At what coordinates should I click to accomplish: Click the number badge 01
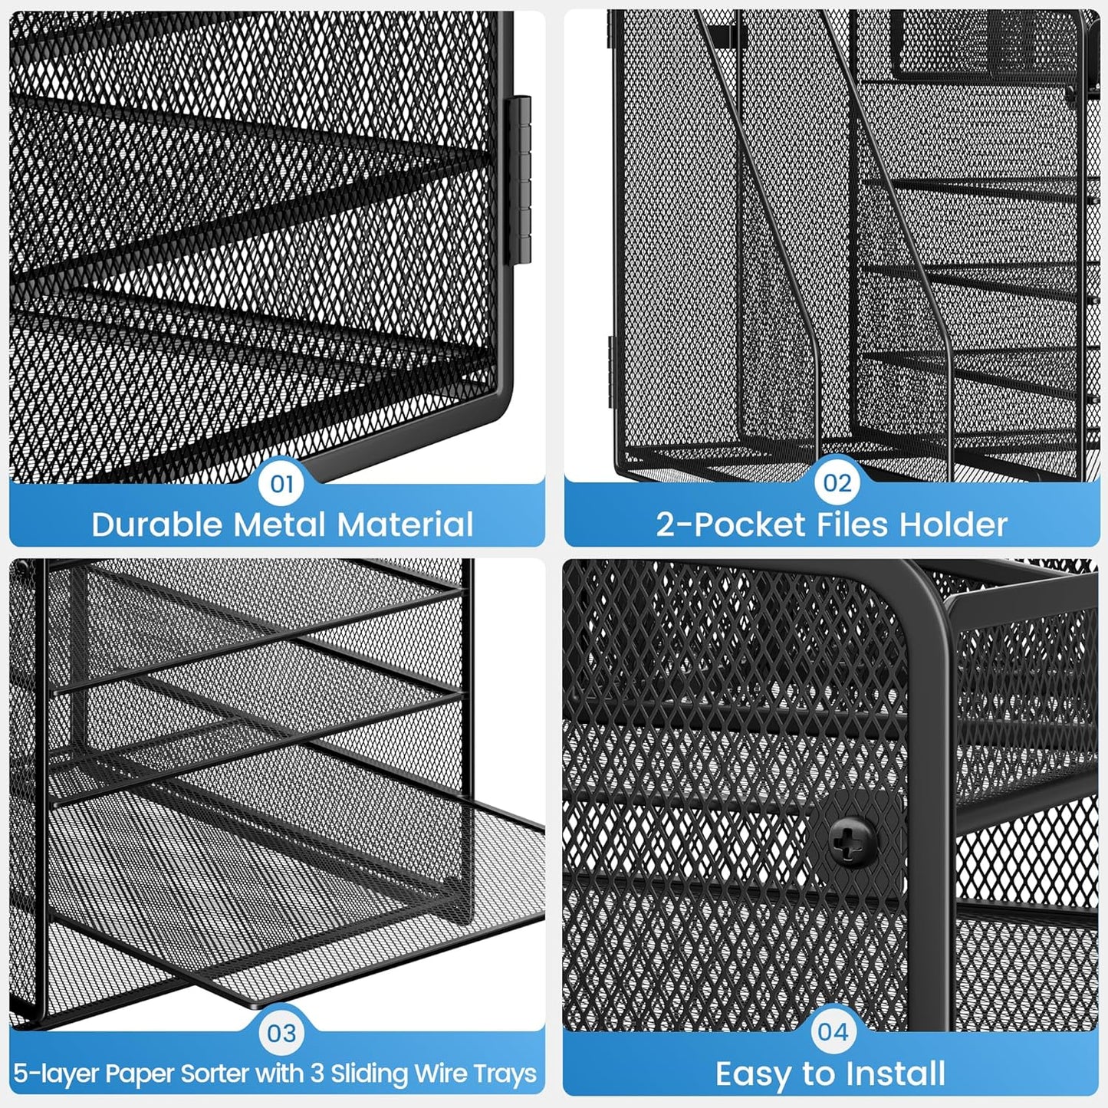(x=281, y=484)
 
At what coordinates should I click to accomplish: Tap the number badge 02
(x=837, y=483)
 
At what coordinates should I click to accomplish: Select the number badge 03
(x=281, y=1033)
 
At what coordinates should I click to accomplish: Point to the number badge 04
(x=833, y=1031)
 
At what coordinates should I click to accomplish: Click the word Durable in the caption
(x=157, y=525)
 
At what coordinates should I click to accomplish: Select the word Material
(x=406, y=525)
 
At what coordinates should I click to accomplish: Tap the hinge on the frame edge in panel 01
(x=521, y=180)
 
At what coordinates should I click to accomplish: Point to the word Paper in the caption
(x=138, y=1073)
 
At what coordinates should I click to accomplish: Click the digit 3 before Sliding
(x=317, y=1073)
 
